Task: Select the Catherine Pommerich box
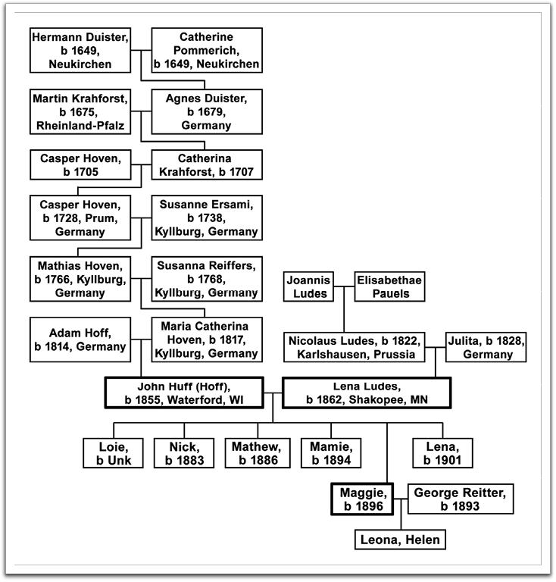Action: [206, 50]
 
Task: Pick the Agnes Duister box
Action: [206, 111]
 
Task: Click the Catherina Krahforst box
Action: [206, 165]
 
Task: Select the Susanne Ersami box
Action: [206, 218]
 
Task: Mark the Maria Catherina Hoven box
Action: [206, 339]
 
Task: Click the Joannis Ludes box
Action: [309, 287]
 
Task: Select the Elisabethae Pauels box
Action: [389, 287]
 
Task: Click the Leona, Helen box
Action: [399, 540]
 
